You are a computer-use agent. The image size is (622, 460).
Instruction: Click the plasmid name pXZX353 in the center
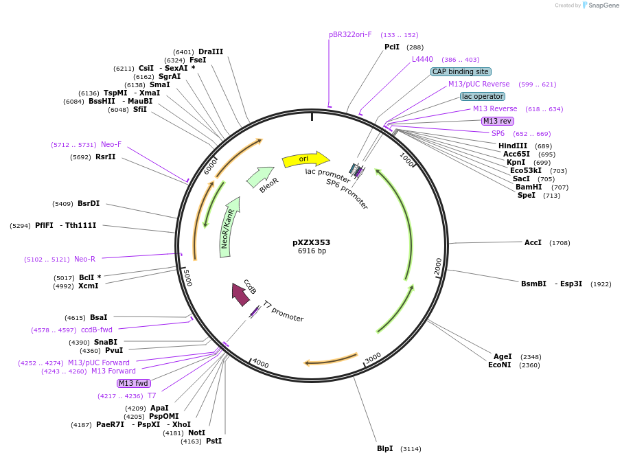pos(311,242)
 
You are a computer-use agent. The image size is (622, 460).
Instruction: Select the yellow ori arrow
pos(305,159)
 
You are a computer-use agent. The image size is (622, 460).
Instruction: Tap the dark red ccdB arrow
pos(240,294)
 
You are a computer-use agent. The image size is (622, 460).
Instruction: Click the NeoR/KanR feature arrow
pos(230,227)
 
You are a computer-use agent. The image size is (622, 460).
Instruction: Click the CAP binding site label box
pos(461,71)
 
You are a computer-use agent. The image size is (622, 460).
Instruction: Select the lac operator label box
pos(482,96)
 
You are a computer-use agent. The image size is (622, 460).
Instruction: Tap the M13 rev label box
pos(498,121)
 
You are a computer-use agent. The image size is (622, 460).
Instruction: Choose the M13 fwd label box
pos(133,383)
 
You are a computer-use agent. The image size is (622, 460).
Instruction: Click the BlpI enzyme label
pos(384,448)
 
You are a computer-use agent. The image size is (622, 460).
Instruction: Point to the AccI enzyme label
pos(533,242)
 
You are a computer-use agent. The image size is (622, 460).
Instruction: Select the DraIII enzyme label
pos(210,51)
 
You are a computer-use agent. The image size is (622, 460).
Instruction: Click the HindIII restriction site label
pos(513,146)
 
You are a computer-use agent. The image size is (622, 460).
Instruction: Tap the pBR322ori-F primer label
pos(350,34)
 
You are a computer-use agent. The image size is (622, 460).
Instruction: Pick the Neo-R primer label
pos(84,259)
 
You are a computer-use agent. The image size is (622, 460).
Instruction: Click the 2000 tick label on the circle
pos(439,267)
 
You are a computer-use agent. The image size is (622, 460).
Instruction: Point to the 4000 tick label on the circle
pos(260,363)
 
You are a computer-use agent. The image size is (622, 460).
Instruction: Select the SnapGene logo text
pos(601,5)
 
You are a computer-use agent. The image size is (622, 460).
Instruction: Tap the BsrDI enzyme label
pos(89,203)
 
